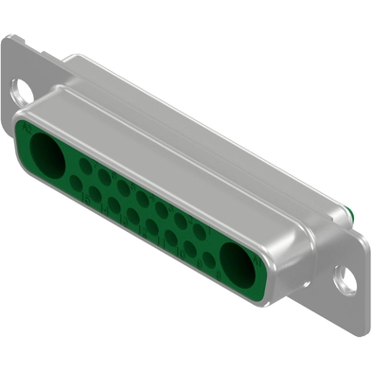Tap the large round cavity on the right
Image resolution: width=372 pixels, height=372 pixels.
point(238,257)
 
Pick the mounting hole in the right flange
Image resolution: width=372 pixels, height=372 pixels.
point(346,281)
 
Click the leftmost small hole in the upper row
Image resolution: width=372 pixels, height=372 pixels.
point(85,166)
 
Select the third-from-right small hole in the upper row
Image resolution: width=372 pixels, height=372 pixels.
point(162,208)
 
